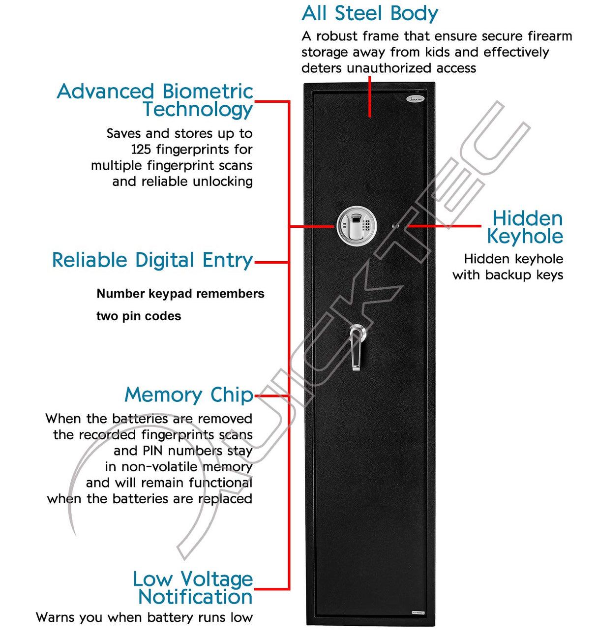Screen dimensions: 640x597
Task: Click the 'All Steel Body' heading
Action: [369, 13]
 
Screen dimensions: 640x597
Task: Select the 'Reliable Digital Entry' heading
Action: [152, 260]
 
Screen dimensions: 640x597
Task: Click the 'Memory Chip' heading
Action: [189, 395]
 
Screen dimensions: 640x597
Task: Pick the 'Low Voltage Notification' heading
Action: [193, 588]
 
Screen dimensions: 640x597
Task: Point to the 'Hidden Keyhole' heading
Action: [525, 227]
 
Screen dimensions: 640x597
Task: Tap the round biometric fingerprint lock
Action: [357, 226]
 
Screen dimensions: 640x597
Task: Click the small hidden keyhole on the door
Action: [395, 226]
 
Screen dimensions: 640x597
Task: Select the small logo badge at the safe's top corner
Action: [415, 99]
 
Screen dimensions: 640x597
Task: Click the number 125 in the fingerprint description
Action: [141, 149]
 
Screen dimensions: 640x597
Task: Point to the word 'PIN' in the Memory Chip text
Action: [152, 451]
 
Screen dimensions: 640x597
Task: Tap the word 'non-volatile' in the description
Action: [159, 466]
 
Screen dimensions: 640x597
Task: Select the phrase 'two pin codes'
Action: [139, 316]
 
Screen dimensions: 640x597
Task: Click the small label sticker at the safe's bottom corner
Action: [418, 612]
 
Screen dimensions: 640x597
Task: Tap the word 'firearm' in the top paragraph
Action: [550, 36]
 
